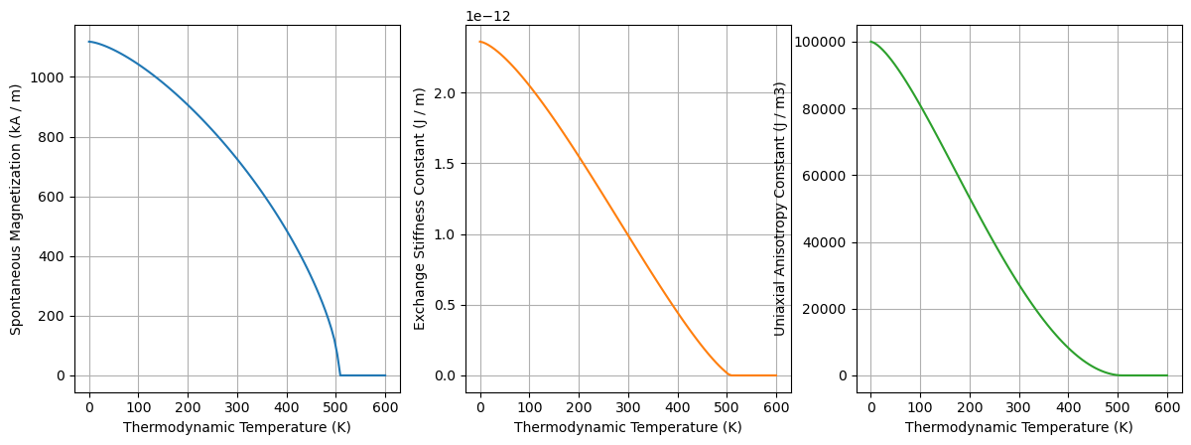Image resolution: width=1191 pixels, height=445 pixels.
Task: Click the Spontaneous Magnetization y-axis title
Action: coord(16,209)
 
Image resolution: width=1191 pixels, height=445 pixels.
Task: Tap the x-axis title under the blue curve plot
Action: coord(237,427)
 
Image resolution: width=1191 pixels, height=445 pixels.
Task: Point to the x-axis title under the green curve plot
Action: coord(1018,427)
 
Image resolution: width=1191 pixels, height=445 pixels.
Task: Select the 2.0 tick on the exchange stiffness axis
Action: coord(448,93)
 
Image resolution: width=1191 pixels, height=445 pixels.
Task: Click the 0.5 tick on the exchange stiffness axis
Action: coord(448,305)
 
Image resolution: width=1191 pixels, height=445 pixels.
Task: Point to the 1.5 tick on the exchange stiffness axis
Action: coord(448,164)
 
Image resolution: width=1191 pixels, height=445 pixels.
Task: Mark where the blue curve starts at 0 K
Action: coord(89,42)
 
